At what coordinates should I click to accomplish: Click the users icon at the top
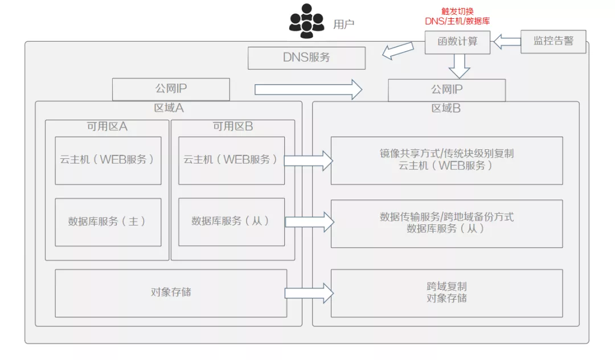(307, 22)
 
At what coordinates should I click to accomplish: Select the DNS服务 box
(306, 58)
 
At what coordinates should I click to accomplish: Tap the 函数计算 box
(457, 42)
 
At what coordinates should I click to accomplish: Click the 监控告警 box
(553, 42)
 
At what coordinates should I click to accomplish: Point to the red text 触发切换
(457, 11)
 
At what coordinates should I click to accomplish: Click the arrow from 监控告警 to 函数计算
(506, 42)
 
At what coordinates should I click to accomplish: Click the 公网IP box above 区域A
(171, 89)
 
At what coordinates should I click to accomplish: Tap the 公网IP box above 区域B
(446, 90)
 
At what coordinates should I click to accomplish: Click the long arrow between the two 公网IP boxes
(308, 89)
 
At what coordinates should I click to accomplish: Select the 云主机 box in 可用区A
(108, 160)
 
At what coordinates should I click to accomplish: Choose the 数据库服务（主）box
(108, 222)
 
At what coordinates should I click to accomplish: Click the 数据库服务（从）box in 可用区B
(231, 222)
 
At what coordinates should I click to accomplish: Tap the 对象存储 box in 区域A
(171, 293)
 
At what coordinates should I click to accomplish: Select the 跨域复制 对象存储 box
(446, 293)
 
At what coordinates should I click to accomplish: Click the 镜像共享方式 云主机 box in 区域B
(446, 160)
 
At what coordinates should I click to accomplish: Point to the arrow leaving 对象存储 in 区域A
(308, 293)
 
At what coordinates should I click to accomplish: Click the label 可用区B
(232, 126)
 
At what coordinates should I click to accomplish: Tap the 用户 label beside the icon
(343, 24)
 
